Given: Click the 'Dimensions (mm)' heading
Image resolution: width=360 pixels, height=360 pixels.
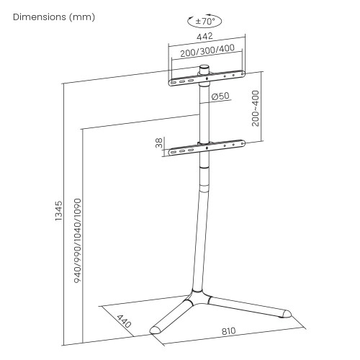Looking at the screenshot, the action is point(54,17).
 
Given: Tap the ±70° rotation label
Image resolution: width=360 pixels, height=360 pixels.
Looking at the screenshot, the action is point(205,22).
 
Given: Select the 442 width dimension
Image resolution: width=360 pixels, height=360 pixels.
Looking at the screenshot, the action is point(204,36).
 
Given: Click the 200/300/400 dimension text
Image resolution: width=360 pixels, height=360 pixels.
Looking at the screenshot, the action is point(207,51).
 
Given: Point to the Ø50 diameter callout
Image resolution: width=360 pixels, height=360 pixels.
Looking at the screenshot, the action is point(220,96).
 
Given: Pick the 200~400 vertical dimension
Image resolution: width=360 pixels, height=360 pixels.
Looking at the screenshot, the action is point(256,108).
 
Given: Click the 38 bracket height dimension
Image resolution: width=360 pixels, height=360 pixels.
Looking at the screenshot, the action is point(159,143).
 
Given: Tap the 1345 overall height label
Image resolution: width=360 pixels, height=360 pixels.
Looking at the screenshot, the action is point(58,211).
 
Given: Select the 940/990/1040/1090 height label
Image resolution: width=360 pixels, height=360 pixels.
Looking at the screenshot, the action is point(78,240).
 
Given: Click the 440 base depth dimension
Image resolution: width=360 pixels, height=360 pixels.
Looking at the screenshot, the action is point(124,321).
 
